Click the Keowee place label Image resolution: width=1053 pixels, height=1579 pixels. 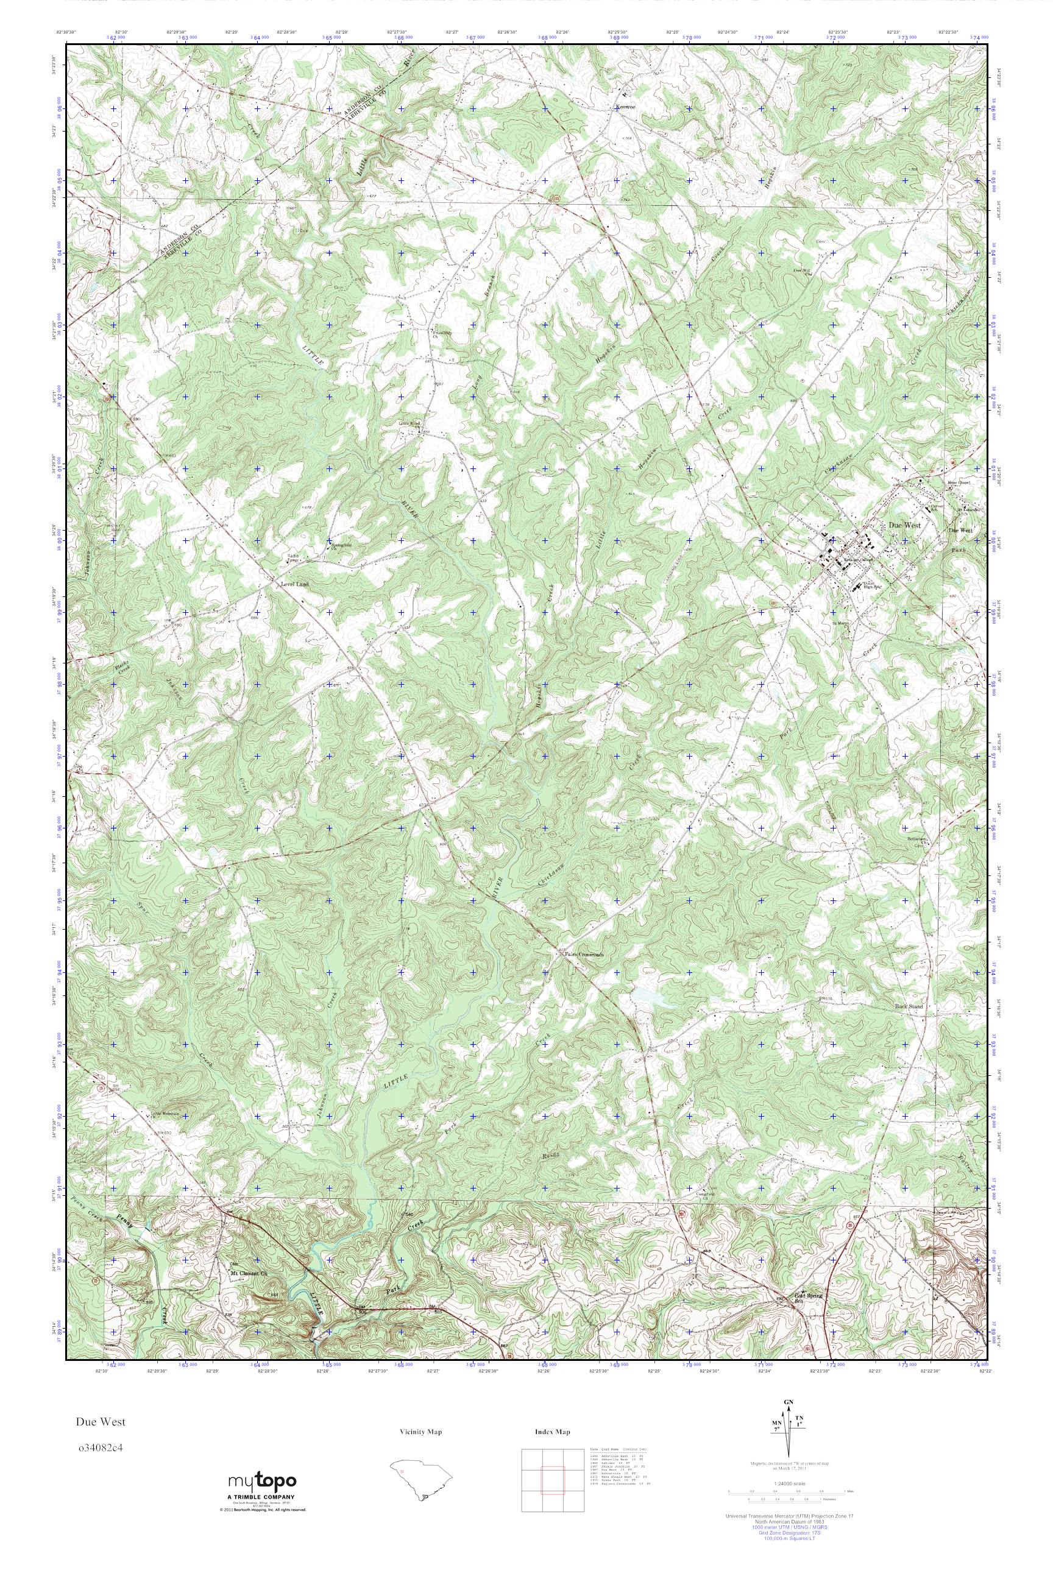click(x=625, y=107)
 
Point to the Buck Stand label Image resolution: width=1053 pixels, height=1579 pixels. click(x=909, y=1026)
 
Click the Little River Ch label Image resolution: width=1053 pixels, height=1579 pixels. click(x=410, y=423)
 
